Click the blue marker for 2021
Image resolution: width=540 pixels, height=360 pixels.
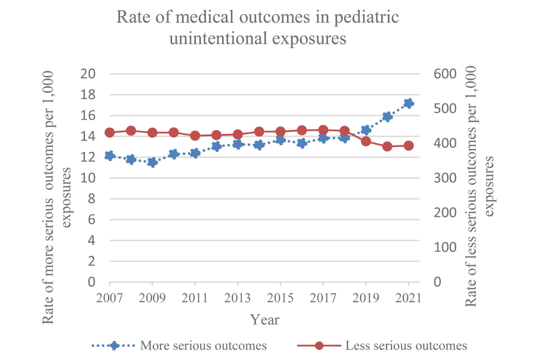409,103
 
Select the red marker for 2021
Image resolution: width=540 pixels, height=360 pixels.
409,146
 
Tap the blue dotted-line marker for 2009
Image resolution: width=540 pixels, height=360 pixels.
153,162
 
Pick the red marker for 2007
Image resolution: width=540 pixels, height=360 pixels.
110,132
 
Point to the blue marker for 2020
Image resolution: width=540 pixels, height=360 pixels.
387,116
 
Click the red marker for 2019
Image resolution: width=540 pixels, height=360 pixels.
366,141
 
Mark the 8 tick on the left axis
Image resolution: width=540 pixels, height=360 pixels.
91,199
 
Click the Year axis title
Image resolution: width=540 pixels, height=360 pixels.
265,319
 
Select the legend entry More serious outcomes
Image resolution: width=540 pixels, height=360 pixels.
203,346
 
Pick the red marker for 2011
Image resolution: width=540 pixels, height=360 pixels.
195,135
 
